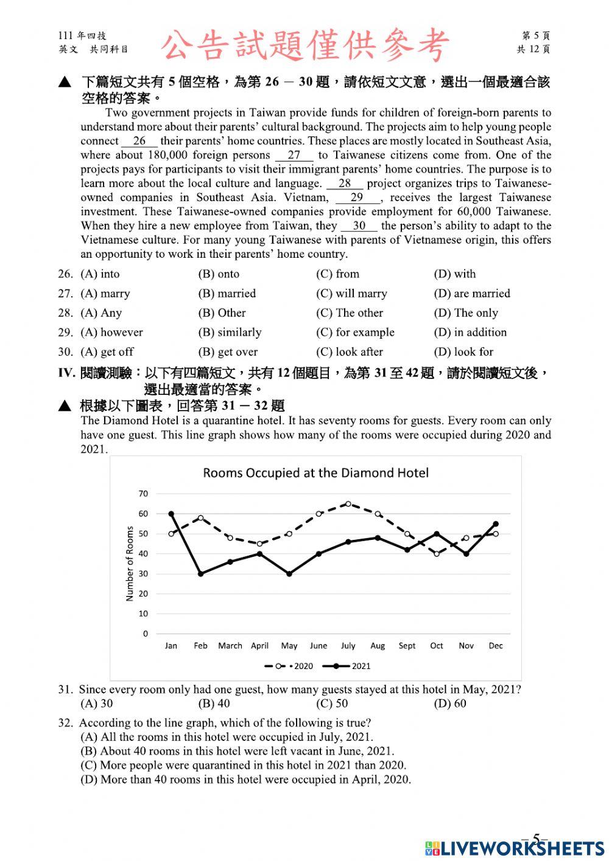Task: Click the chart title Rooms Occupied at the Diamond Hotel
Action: (315, 473)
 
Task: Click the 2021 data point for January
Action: (171, 514)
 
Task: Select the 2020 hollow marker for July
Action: (348, 504)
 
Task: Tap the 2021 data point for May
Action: (289, 574)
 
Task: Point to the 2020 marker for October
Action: (437, 554)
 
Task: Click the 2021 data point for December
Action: (496, 523)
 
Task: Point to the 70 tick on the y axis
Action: (143, 494)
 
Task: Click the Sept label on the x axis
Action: (407, 646)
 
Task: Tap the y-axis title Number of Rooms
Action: (129, 564)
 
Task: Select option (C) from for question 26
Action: (338, 274)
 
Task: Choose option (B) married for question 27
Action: (227, 294)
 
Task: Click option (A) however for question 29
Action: (112, 333)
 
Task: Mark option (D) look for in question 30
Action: (463, 352)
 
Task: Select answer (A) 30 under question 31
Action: (97, 704)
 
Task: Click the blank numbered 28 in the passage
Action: (345, 183)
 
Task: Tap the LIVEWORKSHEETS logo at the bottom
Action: (515, 848)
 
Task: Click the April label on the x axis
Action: (259, 646)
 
